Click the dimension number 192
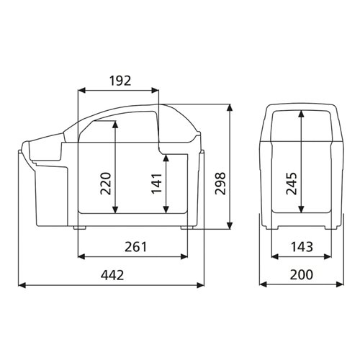coord(119,80)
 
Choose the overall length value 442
coord(112,275)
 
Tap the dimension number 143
coord(301,246)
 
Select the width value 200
coord(301,275)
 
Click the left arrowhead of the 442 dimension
coord(21,285)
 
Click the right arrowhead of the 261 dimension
coord(189,256)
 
